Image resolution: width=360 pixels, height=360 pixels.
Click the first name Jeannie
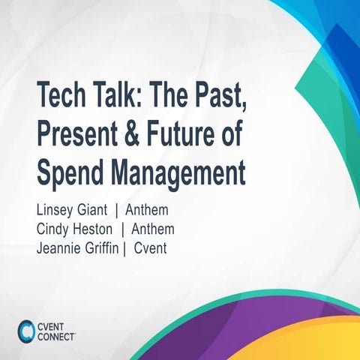coord(62,246)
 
